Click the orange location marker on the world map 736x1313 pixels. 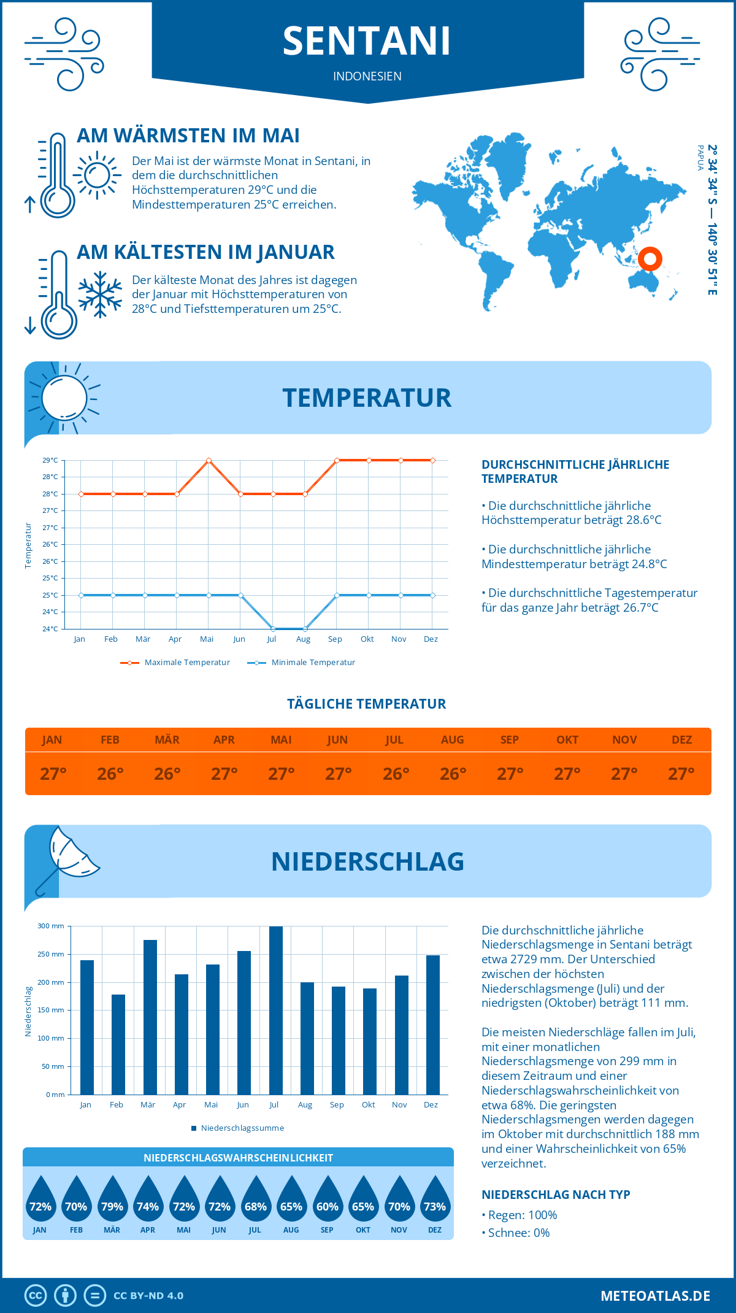(650, 258)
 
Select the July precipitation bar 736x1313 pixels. (276, 1010)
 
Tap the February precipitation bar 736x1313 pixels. (118, 1044)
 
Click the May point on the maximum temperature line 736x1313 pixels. (209, 460)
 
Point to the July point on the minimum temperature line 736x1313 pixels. (273, 629)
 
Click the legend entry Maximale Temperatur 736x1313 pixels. (175, 663)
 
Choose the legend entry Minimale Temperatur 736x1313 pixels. (302, 663)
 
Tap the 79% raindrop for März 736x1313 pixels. (112, 1201)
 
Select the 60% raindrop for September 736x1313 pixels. (327, 1201)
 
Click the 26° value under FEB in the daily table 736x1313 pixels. (110, 774)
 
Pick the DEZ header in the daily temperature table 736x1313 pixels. (681, 740)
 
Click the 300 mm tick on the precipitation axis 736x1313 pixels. (52, 926)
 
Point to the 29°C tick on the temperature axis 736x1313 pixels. (50, 460)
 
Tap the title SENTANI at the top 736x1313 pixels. (367, 42)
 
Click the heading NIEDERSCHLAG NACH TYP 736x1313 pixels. (556, 1195)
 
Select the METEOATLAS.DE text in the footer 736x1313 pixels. (655, 1296)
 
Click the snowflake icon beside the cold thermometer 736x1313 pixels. (100, 295)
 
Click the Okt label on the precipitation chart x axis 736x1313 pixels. (369, 1105)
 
